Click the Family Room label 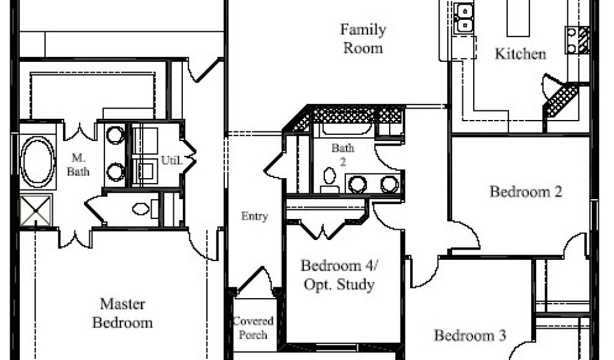(363, 39)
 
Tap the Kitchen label (520, 53)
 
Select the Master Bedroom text (122, 313)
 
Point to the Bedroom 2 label (526, 191)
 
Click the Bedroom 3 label (470, 335)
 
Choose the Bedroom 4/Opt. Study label (339, 275)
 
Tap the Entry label (254, 216)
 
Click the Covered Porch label (253, 328)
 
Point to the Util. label (172, 160)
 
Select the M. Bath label (78, 165)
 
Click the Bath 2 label (342, 154)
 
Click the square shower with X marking (35, 211)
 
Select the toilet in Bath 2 (330, 181)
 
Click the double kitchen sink (465, 17)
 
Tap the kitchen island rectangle (518, 18)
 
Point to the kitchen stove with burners (577, 40)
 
